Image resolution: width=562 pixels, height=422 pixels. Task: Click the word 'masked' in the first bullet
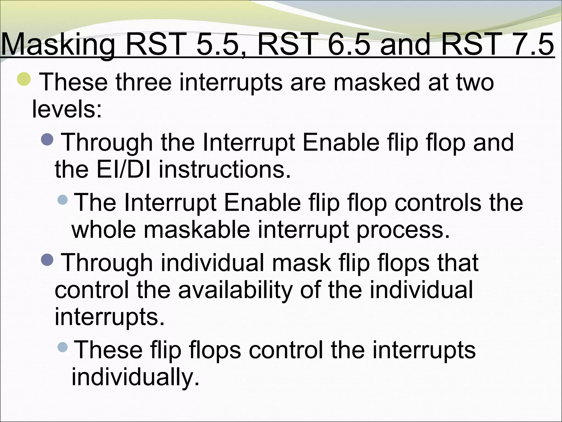click(x=376, y=82)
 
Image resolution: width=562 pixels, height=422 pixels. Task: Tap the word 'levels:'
click(x=67, y=109)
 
